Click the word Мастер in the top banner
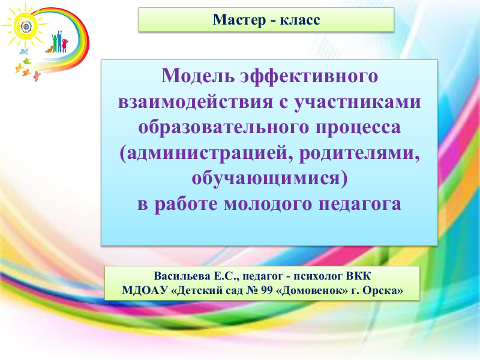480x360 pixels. [x=239, y=20]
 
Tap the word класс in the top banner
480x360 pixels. [x=300, y=20]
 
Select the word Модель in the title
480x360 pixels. [x=198, y=76]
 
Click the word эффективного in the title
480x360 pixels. [x=309, y=76]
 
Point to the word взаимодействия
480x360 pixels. [x=196, y=101]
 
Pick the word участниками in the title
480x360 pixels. [x=358, y=101]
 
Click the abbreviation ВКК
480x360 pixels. [x=358, y=276]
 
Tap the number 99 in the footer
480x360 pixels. [x=266, y=290]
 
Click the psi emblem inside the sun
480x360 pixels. [x=26, y=26]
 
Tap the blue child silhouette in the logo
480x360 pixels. [x=59, y=41]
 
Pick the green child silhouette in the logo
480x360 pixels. [x=55, y=43]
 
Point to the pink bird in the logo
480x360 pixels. [x=37, y=76]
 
